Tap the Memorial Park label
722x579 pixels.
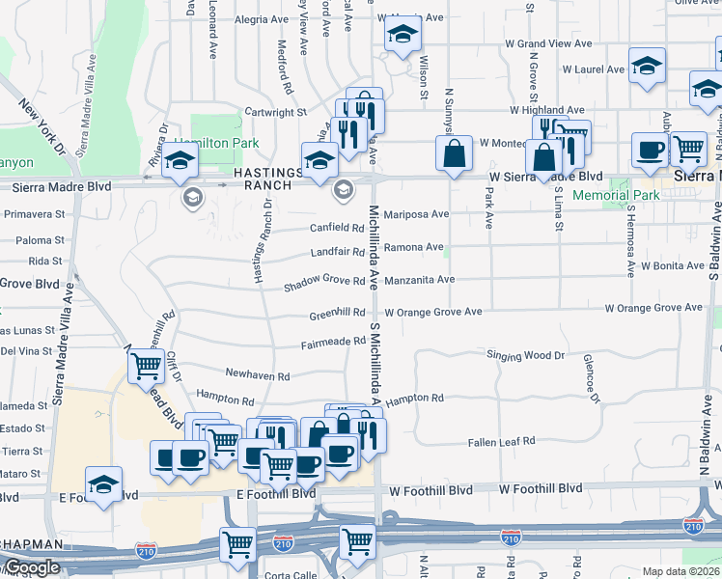[x=616, y=195]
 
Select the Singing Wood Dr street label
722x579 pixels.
[x=525, y=355]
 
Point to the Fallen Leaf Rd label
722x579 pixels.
[x=501, y=442]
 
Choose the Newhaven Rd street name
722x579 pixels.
[x=257, y=374]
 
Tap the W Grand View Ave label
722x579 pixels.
[x=548, y=43]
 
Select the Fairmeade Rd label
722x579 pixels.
[x=332, y=344]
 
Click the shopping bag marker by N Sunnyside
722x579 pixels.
[x=454, y=152]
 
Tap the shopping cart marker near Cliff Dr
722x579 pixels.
[x=146, y=366]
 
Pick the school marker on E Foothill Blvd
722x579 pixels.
[x=103, y=485]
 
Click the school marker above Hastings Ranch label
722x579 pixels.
[x=180, y=163]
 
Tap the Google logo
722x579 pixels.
[x=31, y=567]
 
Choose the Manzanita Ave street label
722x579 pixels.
[x=419, y=280]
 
